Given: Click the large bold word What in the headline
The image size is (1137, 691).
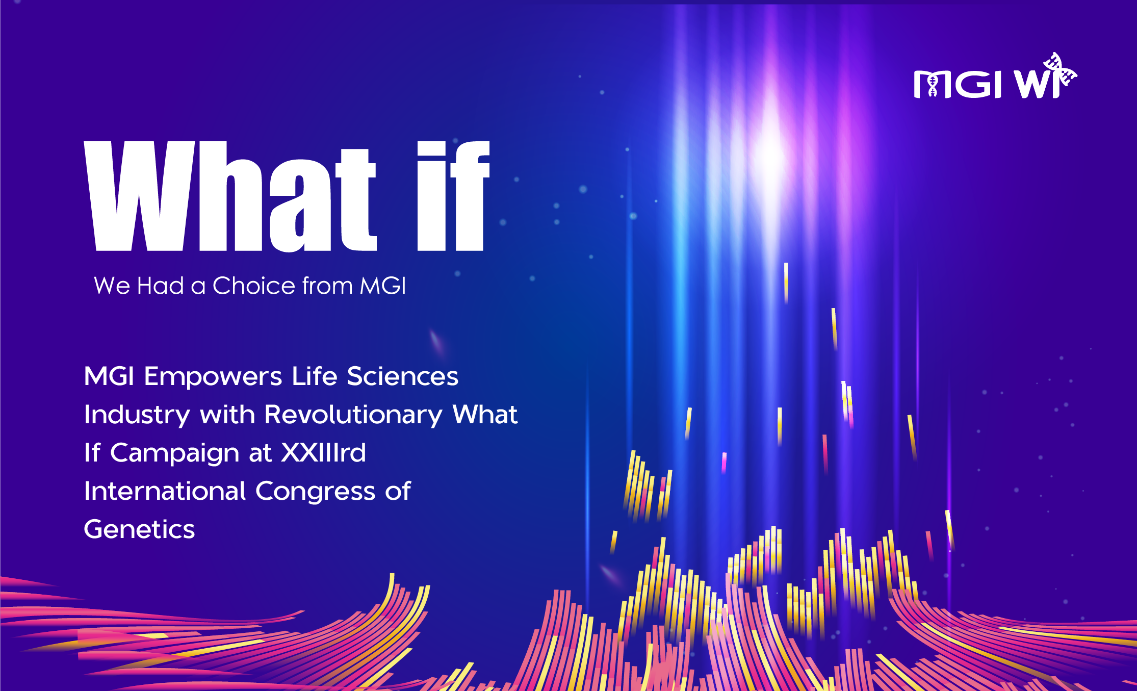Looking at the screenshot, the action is (x=230, y=196).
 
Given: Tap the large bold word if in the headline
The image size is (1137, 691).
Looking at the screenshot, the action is (x=453, y=196).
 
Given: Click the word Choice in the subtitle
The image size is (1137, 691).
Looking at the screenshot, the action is (x=254, y=286).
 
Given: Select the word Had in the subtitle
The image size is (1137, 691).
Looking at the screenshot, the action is (x=161, y=286).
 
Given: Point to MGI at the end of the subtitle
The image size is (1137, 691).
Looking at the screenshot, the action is (x=383, y=286).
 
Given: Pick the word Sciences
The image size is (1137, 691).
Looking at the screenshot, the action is (x=403, y=376).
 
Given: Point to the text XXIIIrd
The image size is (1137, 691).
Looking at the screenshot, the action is (x=324, y=452).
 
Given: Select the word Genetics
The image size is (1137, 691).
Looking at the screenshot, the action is (x=139, y=529).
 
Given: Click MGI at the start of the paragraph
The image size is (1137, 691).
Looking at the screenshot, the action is (x=109, y=376).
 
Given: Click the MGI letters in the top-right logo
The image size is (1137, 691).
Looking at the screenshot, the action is (x=958, y=84).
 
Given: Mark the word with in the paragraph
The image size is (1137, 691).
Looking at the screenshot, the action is (x=227, y=415).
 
